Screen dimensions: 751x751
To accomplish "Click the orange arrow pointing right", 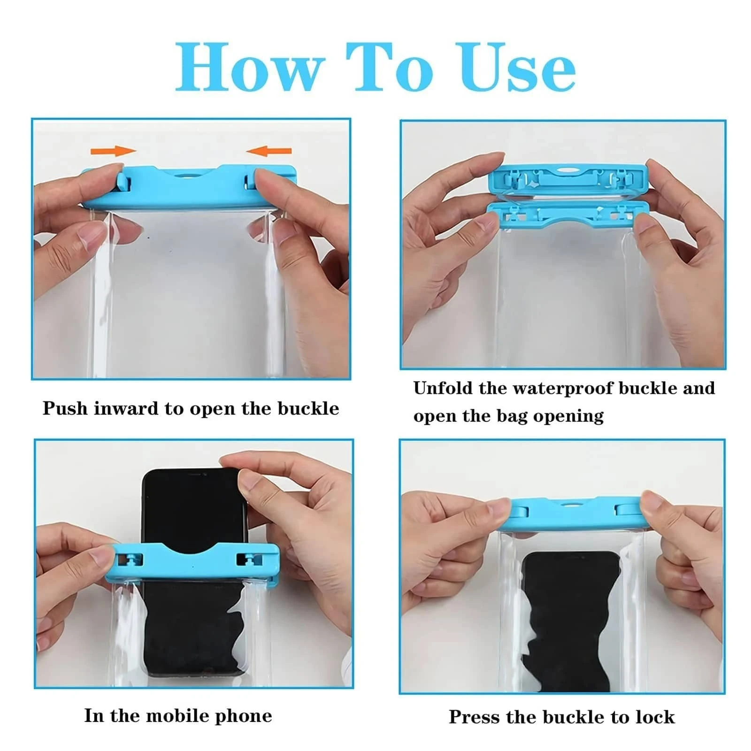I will click(113, 151).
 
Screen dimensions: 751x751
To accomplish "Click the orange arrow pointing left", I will click(269, 151).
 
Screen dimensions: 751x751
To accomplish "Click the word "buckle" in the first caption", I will click(308, 408).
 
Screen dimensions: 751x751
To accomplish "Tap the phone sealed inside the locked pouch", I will click(570, 620).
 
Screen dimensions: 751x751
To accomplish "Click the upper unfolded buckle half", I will click(568, 179).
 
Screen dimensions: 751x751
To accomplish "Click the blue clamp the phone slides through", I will click(192, 563).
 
